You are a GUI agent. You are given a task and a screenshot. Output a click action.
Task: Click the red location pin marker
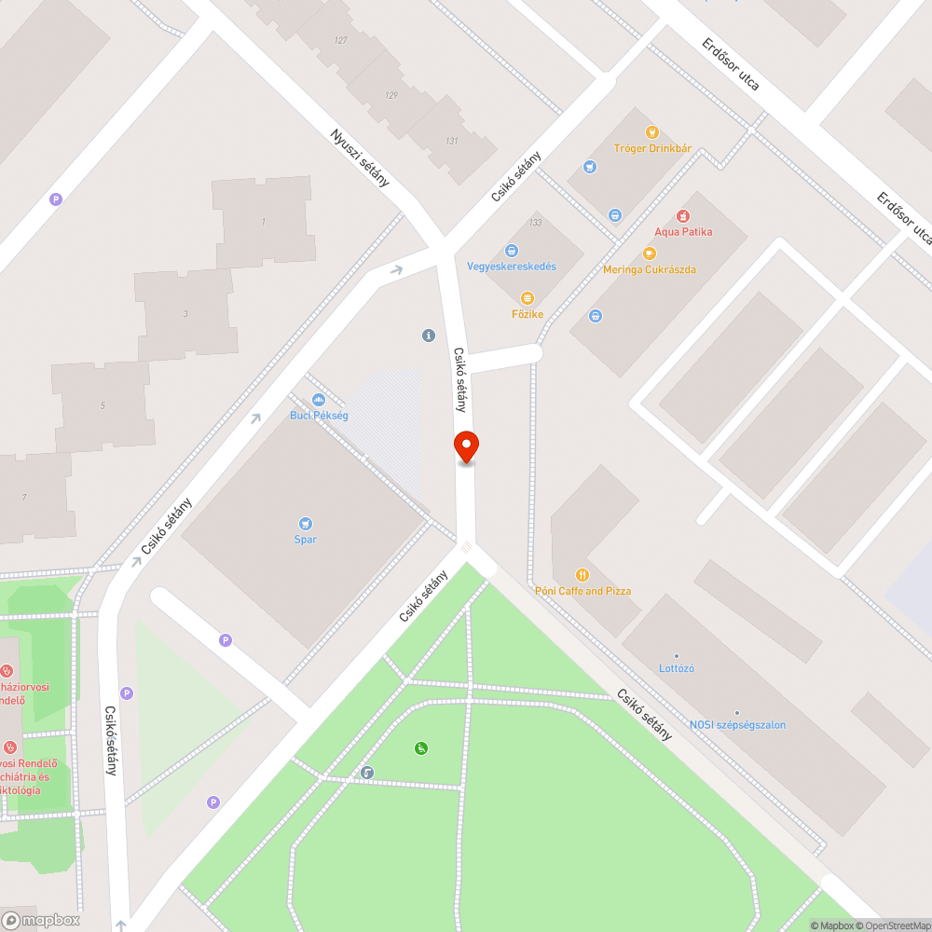click(x=466, y=446)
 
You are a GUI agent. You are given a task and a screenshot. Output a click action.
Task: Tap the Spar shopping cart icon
click(x=306, y=524)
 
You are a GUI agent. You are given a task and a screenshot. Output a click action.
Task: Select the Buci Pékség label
click(x=319, y=415)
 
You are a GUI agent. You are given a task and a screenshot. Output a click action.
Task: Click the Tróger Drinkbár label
click(x=652, y=148)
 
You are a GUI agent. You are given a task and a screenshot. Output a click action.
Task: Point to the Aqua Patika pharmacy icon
click(x=683, y=216)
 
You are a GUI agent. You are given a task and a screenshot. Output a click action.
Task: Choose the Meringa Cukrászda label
click(x=650, y=269)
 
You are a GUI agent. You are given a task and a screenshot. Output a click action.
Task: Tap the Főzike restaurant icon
click(x=527, y=298)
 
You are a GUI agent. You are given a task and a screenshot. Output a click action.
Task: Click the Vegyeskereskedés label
click(x=512, y=266)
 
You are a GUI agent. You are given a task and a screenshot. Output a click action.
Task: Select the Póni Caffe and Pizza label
click(x=582, y=591)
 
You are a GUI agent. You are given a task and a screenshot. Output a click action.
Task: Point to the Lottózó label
click(x=677, y=668)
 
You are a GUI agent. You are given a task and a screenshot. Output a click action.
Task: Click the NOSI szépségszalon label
click(x=737, y=724)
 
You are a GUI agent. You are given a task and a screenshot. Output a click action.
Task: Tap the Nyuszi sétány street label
click(x=360, y=158)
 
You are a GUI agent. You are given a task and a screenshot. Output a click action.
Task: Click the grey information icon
click(x=429, y=335)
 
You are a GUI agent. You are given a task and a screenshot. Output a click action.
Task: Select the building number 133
click(x=535, y=223)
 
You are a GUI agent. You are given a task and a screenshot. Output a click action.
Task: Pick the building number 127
click(x=340, y=40)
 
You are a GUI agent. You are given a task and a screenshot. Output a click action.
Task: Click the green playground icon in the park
click(x=421, y=747)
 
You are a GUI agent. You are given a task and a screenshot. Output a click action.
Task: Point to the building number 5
click(x=103, y=404)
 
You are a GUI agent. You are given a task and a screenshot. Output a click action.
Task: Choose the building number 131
click(x=452, y=141)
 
